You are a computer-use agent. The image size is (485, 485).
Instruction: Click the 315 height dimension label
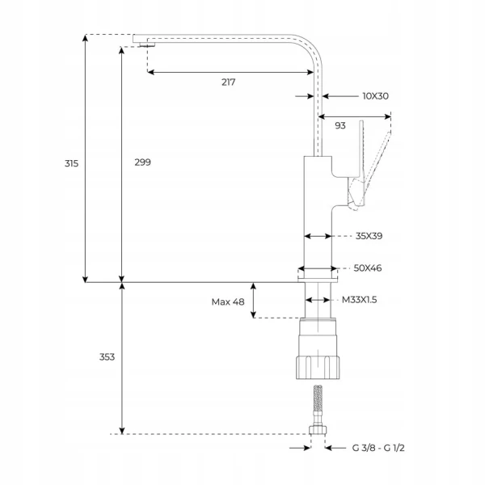point(71,163)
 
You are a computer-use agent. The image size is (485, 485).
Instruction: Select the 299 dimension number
point(142,162)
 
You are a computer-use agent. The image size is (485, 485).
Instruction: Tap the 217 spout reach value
point(228,82)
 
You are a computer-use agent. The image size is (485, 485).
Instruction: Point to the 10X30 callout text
point(376,96)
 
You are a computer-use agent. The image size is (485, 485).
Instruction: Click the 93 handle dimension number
point(340,125)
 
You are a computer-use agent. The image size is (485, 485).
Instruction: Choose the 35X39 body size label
point(369,236)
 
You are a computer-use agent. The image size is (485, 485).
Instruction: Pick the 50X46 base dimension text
point(368,268)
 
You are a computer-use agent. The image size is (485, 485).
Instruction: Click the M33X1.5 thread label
point(359,300)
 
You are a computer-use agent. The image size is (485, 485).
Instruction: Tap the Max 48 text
point(228,302)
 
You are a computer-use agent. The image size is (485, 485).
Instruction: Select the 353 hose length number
point(107,357)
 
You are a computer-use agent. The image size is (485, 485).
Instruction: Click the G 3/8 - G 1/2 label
point(378,448)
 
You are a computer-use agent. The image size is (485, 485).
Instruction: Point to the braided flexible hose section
point(318,399)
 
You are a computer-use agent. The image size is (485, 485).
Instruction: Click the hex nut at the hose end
point(318,430)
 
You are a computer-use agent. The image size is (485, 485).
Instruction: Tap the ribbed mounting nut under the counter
point(318,368)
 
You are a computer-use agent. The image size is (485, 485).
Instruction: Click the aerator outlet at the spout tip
point(147,44)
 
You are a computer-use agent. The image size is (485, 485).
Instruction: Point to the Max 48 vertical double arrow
point(253,301)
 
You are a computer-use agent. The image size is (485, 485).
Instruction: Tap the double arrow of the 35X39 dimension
point(318,236)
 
